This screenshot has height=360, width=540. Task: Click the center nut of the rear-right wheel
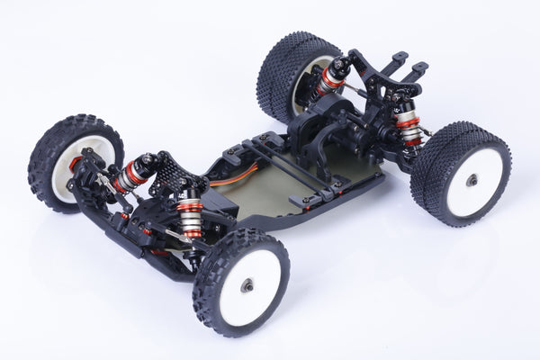tap(471, 180)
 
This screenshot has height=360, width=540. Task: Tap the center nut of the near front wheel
tap(247, 286)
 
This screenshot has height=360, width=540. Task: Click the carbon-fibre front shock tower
tap(167, 175)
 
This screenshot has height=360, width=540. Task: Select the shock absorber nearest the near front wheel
tap(189, 214)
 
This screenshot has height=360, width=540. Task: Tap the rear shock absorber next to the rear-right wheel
tap(409, 123)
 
